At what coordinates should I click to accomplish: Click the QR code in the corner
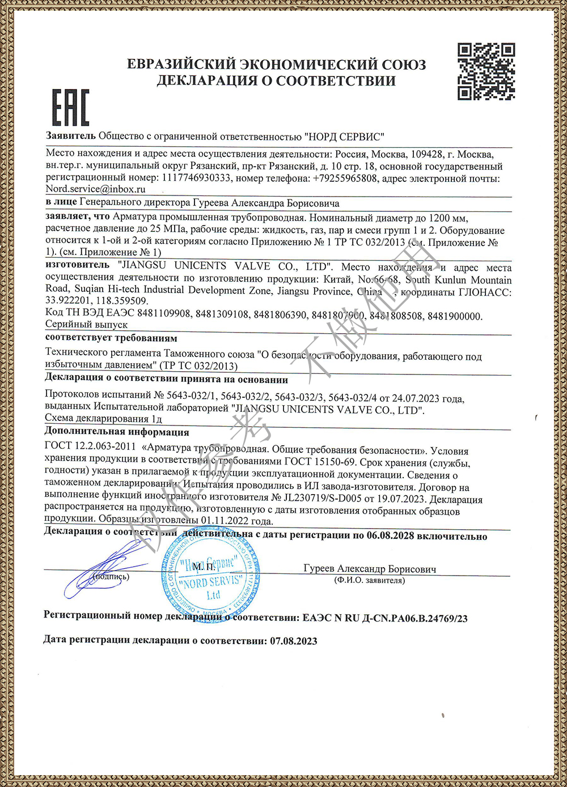coord(486,71)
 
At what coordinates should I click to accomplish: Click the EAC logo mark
coord(71,107)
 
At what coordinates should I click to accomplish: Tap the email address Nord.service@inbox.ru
coord(95,189)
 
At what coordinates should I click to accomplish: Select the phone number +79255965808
coord(345,178)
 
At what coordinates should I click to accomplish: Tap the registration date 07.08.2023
coord(293,641)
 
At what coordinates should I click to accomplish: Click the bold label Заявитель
coord(71,136)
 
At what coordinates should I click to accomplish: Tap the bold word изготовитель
coord(77,265)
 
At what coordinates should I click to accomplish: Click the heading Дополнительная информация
coord(117,432)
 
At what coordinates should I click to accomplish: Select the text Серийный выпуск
coord(86,325)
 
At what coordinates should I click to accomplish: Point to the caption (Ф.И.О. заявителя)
coord(370,581)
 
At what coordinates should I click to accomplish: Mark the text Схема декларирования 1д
coord(103,418)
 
